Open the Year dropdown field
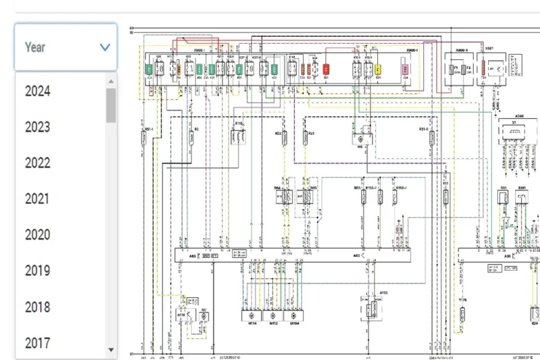(x=65, y=47)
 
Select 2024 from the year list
(x=38, y=91)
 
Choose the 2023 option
(x=38, y=127)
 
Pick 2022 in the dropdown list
(x=38, y=163)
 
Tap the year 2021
(x=38, y=199)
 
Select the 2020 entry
(x=38, y=235)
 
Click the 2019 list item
(x=38, y=271)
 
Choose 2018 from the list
(x=38, y=307)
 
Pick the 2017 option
(x=38, y=343)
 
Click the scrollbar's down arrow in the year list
(x=111, y=350)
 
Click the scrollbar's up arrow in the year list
(x=111, y=80)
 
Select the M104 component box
(x=294, y=315)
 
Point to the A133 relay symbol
(x=369, y=309)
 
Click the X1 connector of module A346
(x=516, y=133)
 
